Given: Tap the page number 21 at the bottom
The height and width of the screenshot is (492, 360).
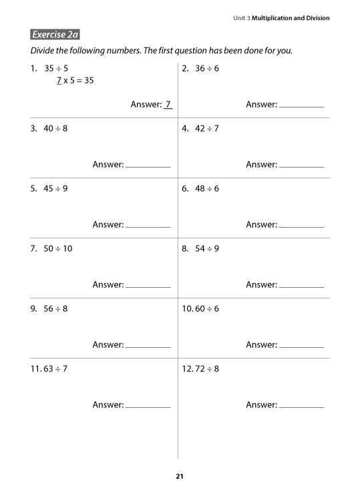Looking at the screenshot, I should click(x=179, y=476).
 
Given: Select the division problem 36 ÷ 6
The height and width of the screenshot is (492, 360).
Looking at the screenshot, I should click(x=207, y=68).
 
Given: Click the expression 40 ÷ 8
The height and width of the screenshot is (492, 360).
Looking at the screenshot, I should click(x=55, y=128).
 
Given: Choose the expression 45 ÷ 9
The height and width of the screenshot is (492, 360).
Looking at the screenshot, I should click(x=55, y=188).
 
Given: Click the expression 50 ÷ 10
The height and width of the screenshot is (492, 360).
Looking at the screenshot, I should click(x=58, y=248).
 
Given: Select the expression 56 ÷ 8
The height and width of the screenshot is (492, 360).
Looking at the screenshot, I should click(x=55, y=308).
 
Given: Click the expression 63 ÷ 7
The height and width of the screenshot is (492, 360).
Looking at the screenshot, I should click(x=55, y=368).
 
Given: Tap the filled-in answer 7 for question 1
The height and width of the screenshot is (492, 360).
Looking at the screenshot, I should click(x=168, y=104).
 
